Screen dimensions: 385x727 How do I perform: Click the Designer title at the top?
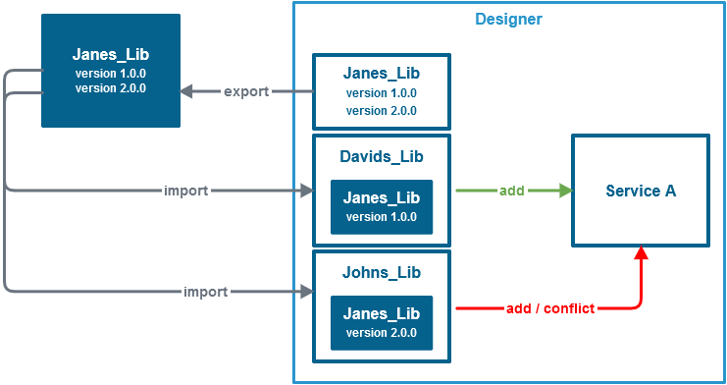[508, 19]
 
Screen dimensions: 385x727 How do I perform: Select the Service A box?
[640, 191]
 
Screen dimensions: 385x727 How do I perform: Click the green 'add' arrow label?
[511, 191]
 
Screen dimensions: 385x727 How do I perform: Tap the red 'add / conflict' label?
[549, 308]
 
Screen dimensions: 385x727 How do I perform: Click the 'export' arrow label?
[246, 92]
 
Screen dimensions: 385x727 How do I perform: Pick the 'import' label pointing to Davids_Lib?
[186, 191]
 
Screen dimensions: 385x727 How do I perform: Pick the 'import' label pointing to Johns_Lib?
[206, 292]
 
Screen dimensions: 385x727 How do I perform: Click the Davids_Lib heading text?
[381, 157]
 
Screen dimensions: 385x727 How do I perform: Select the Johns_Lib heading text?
[381, 272]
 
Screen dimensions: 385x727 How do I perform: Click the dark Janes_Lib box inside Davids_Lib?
[381, 206]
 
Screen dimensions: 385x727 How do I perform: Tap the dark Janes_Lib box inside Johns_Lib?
[381, 322]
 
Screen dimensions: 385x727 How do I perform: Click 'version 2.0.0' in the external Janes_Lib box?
[110, 88]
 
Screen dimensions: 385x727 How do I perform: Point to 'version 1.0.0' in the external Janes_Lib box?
[110, 74]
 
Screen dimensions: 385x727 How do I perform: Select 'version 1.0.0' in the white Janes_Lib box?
[381, 93]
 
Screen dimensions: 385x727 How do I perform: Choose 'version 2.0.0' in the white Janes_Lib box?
[381, 111]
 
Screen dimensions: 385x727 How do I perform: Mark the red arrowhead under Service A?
[641, 254]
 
